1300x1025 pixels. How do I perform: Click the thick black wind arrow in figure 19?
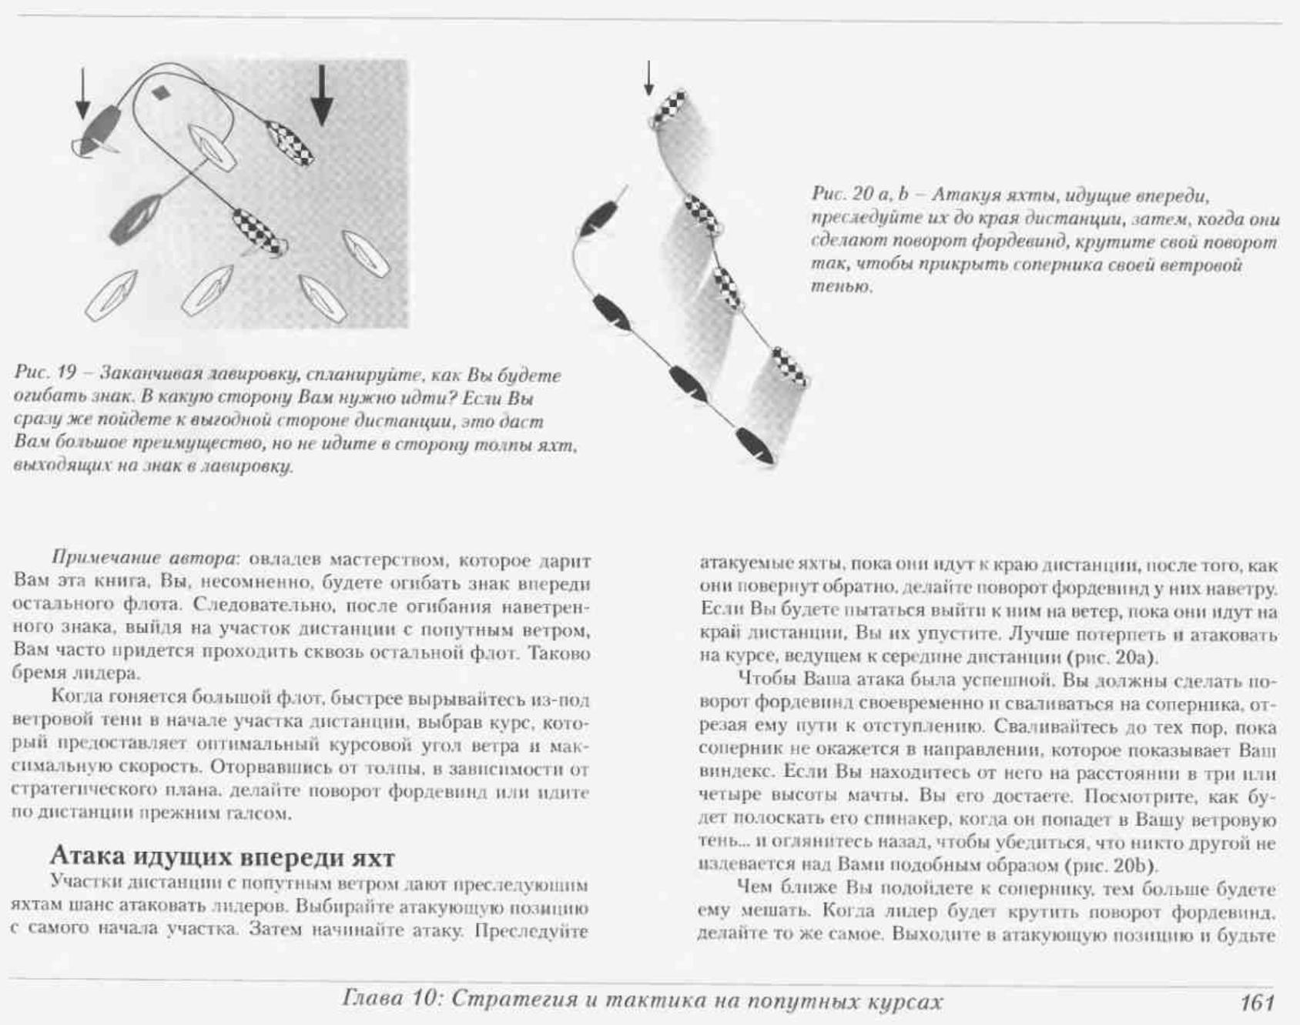323,95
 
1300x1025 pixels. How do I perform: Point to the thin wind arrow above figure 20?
649,78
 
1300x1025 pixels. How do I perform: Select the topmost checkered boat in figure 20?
668,109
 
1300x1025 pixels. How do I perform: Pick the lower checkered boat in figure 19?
259,232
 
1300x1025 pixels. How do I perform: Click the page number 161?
1258,1002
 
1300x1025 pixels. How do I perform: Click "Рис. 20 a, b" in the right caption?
861,195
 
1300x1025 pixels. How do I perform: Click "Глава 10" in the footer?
390,1000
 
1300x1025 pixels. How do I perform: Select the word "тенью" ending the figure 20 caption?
841,287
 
